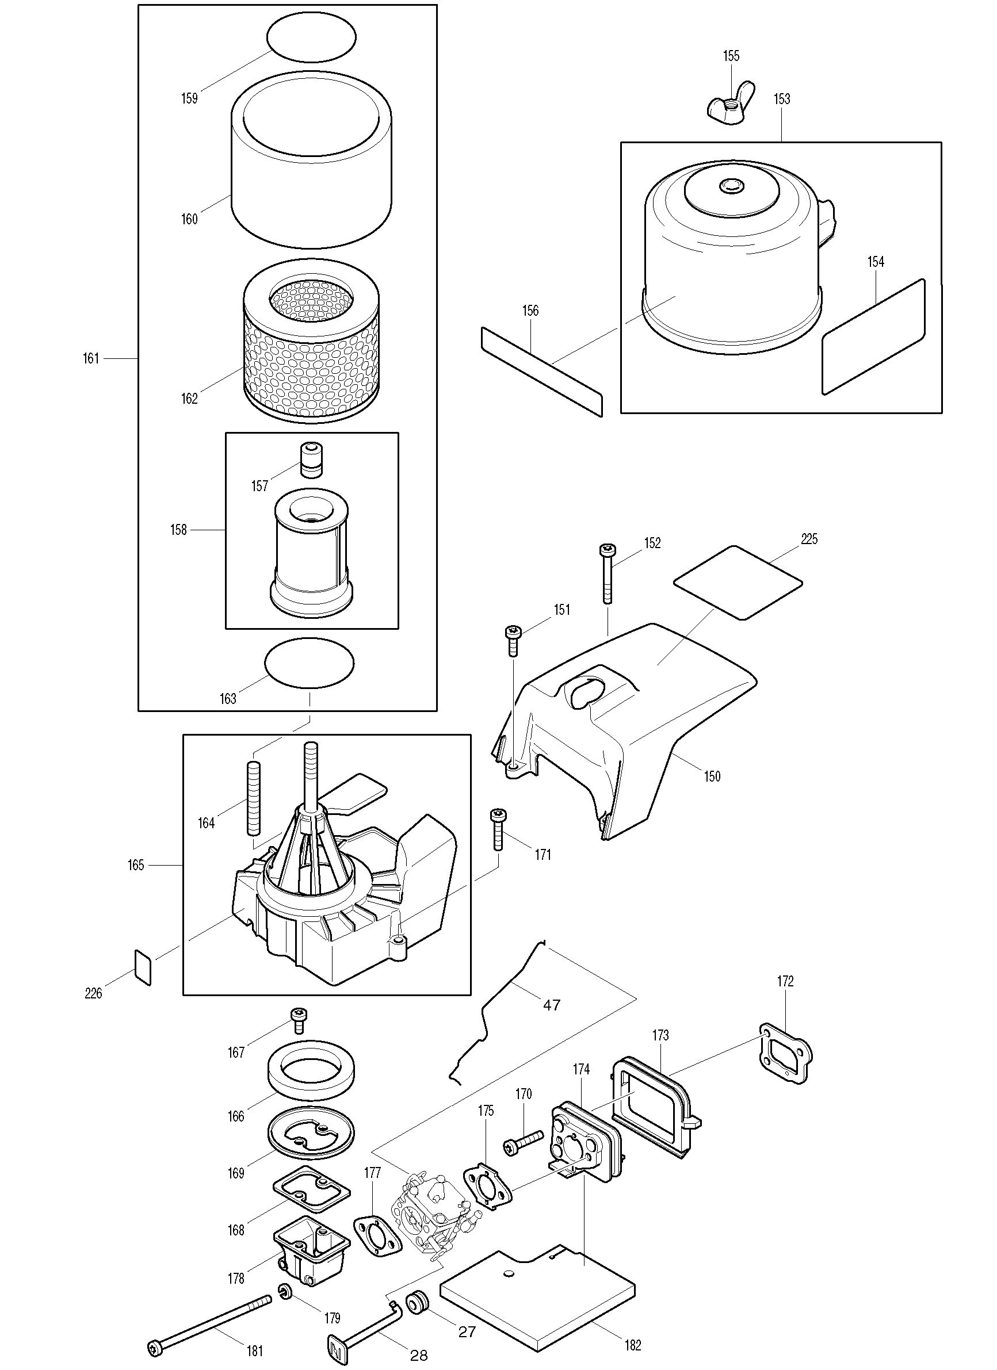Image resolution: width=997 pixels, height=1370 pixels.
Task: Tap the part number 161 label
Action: tap(91, 359)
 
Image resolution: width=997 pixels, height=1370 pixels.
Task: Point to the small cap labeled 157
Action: tap(312, 460)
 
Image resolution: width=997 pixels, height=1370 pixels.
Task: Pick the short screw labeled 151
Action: tap(513, 640)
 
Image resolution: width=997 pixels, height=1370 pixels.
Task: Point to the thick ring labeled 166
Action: tap(311, 1073)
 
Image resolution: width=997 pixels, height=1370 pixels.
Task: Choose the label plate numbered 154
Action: tap(873, 336)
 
